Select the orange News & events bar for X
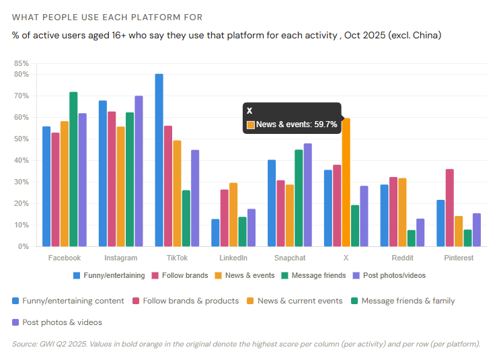tap(346, 182)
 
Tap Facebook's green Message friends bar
tap(73, 169)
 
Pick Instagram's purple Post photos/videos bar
tap(139, 171)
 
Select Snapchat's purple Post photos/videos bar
tap(307, 194)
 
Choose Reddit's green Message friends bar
tap(411, 238)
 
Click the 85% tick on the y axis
tap(22, 63)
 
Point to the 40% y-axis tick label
tap(22, 160)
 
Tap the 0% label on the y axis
tap(24, 246)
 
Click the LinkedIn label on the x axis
tap(233, 258)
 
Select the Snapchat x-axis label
tap(290, 258)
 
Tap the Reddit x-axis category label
tap(402, 258)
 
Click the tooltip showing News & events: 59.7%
tap(292, 118)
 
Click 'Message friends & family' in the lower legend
tap(408, 301)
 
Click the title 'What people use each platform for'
tap(107, 17)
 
